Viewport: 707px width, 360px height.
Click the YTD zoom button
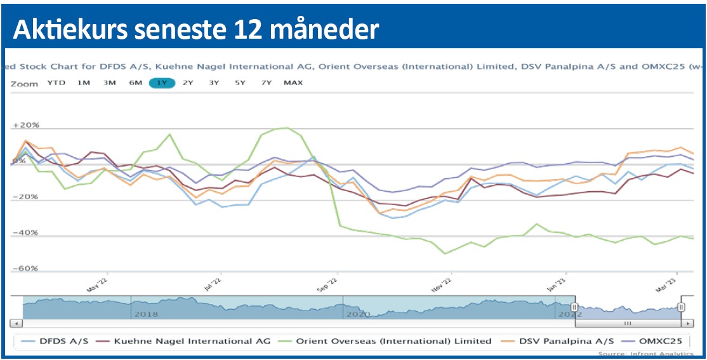point(56,83)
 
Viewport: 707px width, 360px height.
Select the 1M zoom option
point(84,83)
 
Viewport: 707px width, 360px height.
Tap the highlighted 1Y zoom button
point(162,83)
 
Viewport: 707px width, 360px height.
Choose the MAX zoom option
point(293,83)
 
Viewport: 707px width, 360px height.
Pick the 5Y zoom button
point(240,83)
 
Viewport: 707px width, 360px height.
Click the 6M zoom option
point(135,83)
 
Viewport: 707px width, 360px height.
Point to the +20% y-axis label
point(26,126)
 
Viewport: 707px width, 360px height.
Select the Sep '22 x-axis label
point(328,283)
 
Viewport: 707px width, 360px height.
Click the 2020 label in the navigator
point(358,314)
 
